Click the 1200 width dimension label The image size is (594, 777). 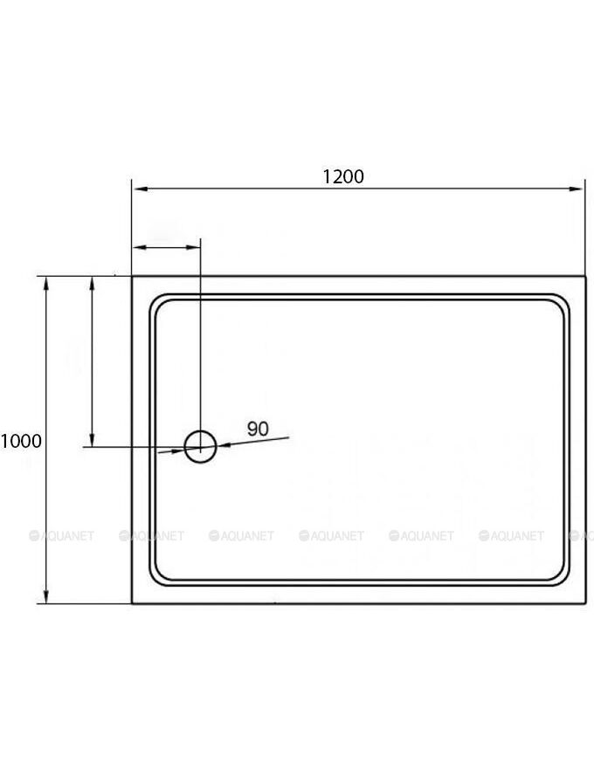pos(343,176)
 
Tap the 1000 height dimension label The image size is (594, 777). pos(21,441)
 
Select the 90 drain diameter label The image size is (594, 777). pos(258,429)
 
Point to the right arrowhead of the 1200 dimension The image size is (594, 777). pos(576,189)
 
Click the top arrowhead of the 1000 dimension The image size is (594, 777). pos(46,285)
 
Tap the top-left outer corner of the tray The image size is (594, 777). pos(132,277)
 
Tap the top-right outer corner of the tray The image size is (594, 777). pos(585,277)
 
